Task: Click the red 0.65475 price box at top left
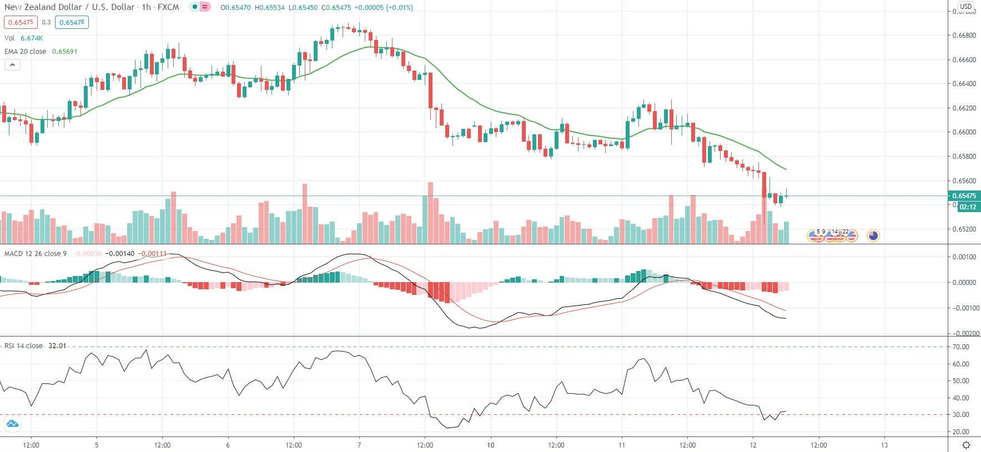click(x=21, y=23)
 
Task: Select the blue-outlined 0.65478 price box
click(x=72, y=23)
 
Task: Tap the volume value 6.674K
click(x=32, y=38)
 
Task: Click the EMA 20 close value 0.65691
click(x=64, y=52)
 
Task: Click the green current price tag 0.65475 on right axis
click(x=964, y=196)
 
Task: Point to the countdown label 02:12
click(x=968, y=207)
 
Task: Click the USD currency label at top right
click(x=966, y=7)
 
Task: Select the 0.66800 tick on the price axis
click(x=964, y=36)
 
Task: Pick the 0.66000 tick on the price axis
click(x=964, y=132)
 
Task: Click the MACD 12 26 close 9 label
click(x=36, y=254)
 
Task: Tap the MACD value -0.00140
click(x=120, y=254)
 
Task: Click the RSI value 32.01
click(x=57, y=346)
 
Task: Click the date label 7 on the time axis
click(x=359, y=445)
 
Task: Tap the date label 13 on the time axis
click(x=884, y=445)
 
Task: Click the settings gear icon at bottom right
click(x=966, y=445)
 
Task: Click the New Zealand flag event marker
click(x=873, y=236)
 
